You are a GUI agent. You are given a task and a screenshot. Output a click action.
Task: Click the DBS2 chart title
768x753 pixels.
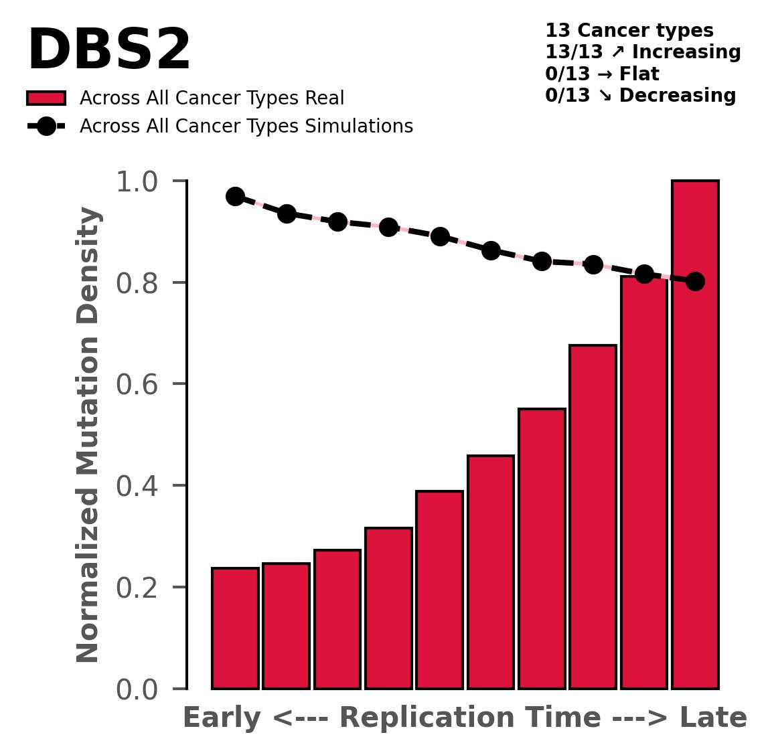point(109,52)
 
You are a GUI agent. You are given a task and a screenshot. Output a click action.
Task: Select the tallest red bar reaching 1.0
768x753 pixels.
point(695,435)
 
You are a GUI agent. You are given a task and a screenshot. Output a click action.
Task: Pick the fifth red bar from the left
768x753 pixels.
point(439,589)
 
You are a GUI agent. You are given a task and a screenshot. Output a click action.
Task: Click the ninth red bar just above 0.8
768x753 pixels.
point(644,482)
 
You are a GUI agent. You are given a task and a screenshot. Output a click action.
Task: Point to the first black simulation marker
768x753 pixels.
point(235,196)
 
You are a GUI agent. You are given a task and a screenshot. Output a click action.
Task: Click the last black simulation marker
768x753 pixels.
point(695,281)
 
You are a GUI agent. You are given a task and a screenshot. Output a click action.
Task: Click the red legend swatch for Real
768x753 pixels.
point(46,98)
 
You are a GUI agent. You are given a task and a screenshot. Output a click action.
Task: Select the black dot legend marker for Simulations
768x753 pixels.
point(46,127)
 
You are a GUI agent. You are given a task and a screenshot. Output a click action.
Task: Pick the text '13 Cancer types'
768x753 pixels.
point(629,31)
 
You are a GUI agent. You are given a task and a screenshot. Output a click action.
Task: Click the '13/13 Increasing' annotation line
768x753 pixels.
point(642,52)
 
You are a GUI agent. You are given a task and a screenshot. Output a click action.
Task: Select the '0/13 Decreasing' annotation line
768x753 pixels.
point(640,96)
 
